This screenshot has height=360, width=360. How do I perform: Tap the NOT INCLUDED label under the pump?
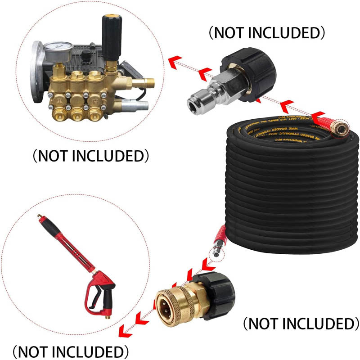(90, 156)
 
